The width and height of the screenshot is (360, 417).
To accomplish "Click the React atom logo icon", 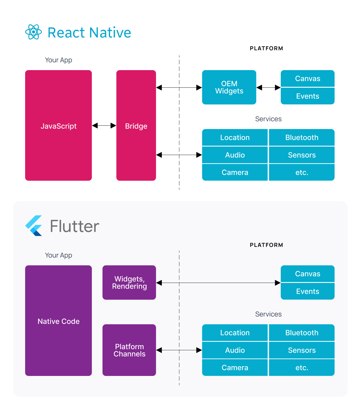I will pyautogui.click(x=34, y=32).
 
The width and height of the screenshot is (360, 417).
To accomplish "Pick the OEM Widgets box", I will pyautogui.click(x=229, y=87).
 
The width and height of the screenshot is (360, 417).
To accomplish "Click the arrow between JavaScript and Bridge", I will pyautogui.click(x=104, y=126).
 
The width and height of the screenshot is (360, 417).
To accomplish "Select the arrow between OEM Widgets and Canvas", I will pyautogui.click(x=268, y=88).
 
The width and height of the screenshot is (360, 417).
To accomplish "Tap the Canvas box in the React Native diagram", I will pyautogui.click(x=307, y=78).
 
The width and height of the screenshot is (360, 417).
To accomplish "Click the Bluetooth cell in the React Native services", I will pyautogui.click(x=302, y=137).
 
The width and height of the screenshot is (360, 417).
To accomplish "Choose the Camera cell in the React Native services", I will pyautogui.click(x=235, y=172).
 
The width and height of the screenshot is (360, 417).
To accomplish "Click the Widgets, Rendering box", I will pyautogui.click(x=129, y=282).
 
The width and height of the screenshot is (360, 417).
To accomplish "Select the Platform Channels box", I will pyautogui.click(x=129, y=350).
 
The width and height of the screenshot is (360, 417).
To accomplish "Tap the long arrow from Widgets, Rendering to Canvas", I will pyautogui.click(x=218, y=283).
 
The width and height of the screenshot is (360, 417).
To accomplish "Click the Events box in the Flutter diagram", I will pyautogui.click(x=307, y=291).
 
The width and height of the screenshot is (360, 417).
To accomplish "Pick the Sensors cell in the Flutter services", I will pyautogui.click(x=302, y=350).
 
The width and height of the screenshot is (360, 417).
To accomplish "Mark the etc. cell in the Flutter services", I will pyautogui.click(x=302, y=368).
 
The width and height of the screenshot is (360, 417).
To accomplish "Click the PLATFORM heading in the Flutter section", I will pyautogui.click(x=266, y=245).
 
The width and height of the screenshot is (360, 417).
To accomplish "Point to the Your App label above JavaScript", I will pyautogui.click(x=58, y=60).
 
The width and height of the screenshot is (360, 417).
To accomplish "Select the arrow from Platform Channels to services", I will pyautogui.click(x=179, y=350).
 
